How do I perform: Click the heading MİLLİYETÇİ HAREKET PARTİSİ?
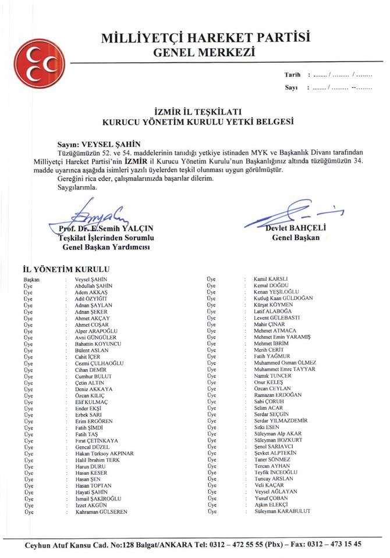point(205,39)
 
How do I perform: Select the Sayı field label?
point(291,88)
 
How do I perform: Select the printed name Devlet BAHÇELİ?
point(295,229)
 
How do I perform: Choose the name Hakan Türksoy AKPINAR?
point(105,453)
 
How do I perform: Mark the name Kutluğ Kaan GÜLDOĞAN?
point(283,298)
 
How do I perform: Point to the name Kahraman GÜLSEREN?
point(101,512)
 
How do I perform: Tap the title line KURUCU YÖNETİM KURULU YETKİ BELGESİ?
point(197,123)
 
